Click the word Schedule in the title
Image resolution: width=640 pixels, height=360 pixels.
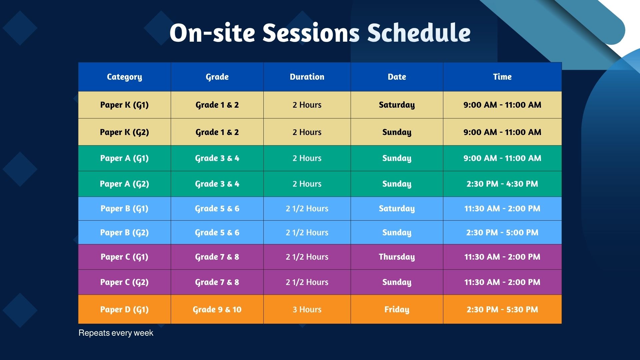[419, 33]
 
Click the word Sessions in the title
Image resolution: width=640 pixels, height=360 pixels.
[311, 33]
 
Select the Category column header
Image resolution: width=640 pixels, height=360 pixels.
[124, 77]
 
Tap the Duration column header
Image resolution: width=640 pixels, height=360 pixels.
[307, 77]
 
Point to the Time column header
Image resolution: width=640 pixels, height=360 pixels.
[502, 77]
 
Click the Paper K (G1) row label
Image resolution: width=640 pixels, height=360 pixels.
[124, 105]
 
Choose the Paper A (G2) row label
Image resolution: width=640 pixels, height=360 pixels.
[124, 184]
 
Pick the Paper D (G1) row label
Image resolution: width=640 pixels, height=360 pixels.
[124, 310]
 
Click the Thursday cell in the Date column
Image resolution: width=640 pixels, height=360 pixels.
[397, 257]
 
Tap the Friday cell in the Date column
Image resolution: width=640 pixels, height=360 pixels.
[397, 310]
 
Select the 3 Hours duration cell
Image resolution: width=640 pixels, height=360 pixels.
[307, 310]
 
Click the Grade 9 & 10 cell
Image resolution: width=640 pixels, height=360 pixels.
[217, 310]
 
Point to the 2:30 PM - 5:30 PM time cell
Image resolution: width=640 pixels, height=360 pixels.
[502, 310]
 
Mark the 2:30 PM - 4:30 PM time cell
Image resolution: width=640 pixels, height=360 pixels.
[502, 184]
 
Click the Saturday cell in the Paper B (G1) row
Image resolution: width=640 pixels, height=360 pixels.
[397, 209]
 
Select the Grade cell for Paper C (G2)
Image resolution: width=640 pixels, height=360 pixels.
[217, 282]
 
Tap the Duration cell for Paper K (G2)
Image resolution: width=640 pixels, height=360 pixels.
[307, 132]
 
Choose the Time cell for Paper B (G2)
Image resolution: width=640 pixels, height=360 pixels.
[502, 233]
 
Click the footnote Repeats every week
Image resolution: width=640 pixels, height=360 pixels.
[116, 333]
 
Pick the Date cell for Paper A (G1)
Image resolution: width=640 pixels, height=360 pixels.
[397, 158]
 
